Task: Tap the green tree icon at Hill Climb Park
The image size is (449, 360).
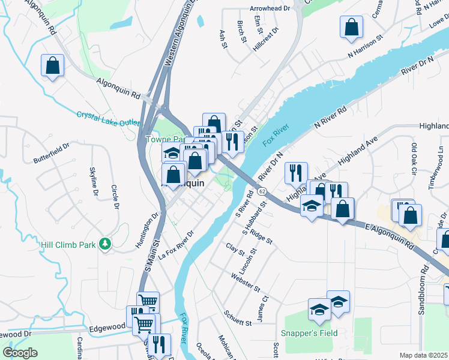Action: tap(106, 243)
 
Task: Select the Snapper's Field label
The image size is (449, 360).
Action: tap(309, 333)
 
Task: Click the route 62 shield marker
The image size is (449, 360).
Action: tap(262, 191)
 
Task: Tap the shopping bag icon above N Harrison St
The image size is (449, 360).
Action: tap(351, 28)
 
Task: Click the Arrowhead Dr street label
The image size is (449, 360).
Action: tap(270, 10)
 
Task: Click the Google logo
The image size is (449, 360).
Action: tap(20, 353)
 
